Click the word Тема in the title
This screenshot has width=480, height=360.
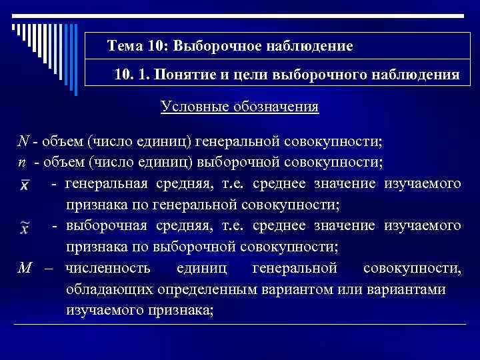click(125, 47)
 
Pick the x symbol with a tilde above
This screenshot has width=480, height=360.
click(24, 227)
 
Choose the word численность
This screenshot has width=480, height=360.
click(108, 269)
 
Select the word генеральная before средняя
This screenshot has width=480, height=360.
click(108, 184)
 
